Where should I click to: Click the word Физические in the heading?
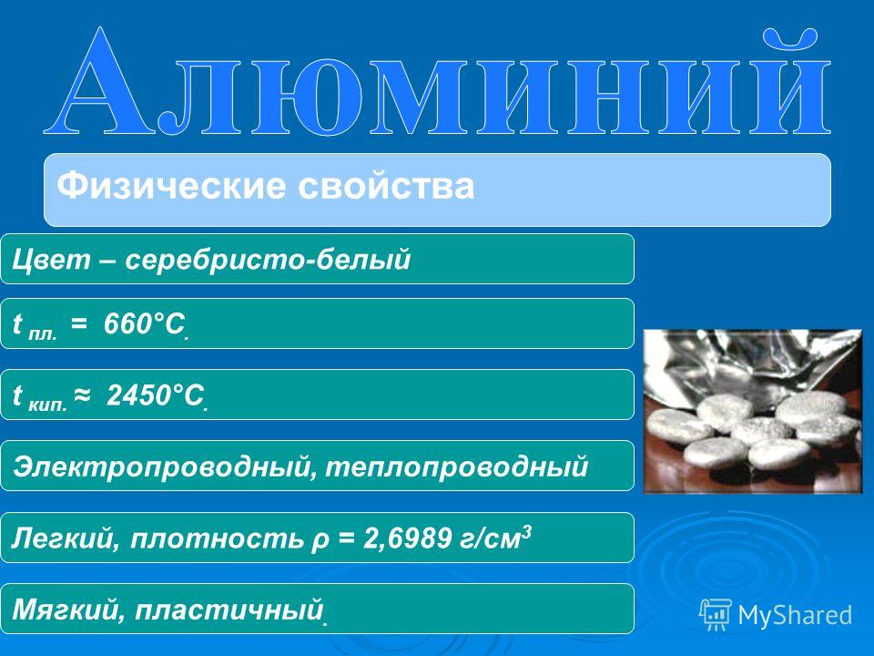(x=173, y=186)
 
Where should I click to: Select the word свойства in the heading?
(x=386, y=186)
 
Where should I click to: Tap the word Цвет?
(x=51, y=260)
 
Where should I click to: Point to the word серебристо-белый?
(x=268, y=260)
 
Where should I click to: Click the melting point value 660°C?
(x=145, y=324)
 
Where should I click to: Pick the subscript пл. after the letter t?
(x=43, y=334)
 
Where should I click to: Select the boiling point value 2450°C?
(x=156, y=395)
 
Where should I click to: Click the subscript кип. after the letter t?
(x=48, y=405)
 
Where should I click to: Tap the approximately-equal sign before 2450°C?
(x=81, y=395)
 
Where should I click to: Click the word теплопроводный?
(x=456, y=466)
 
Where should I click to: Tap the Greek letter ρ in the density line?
(x=320, y=541)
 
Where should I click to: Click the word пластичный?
(x=229, y=610)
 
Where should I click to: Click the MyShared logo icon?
(x=716, y=615)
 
